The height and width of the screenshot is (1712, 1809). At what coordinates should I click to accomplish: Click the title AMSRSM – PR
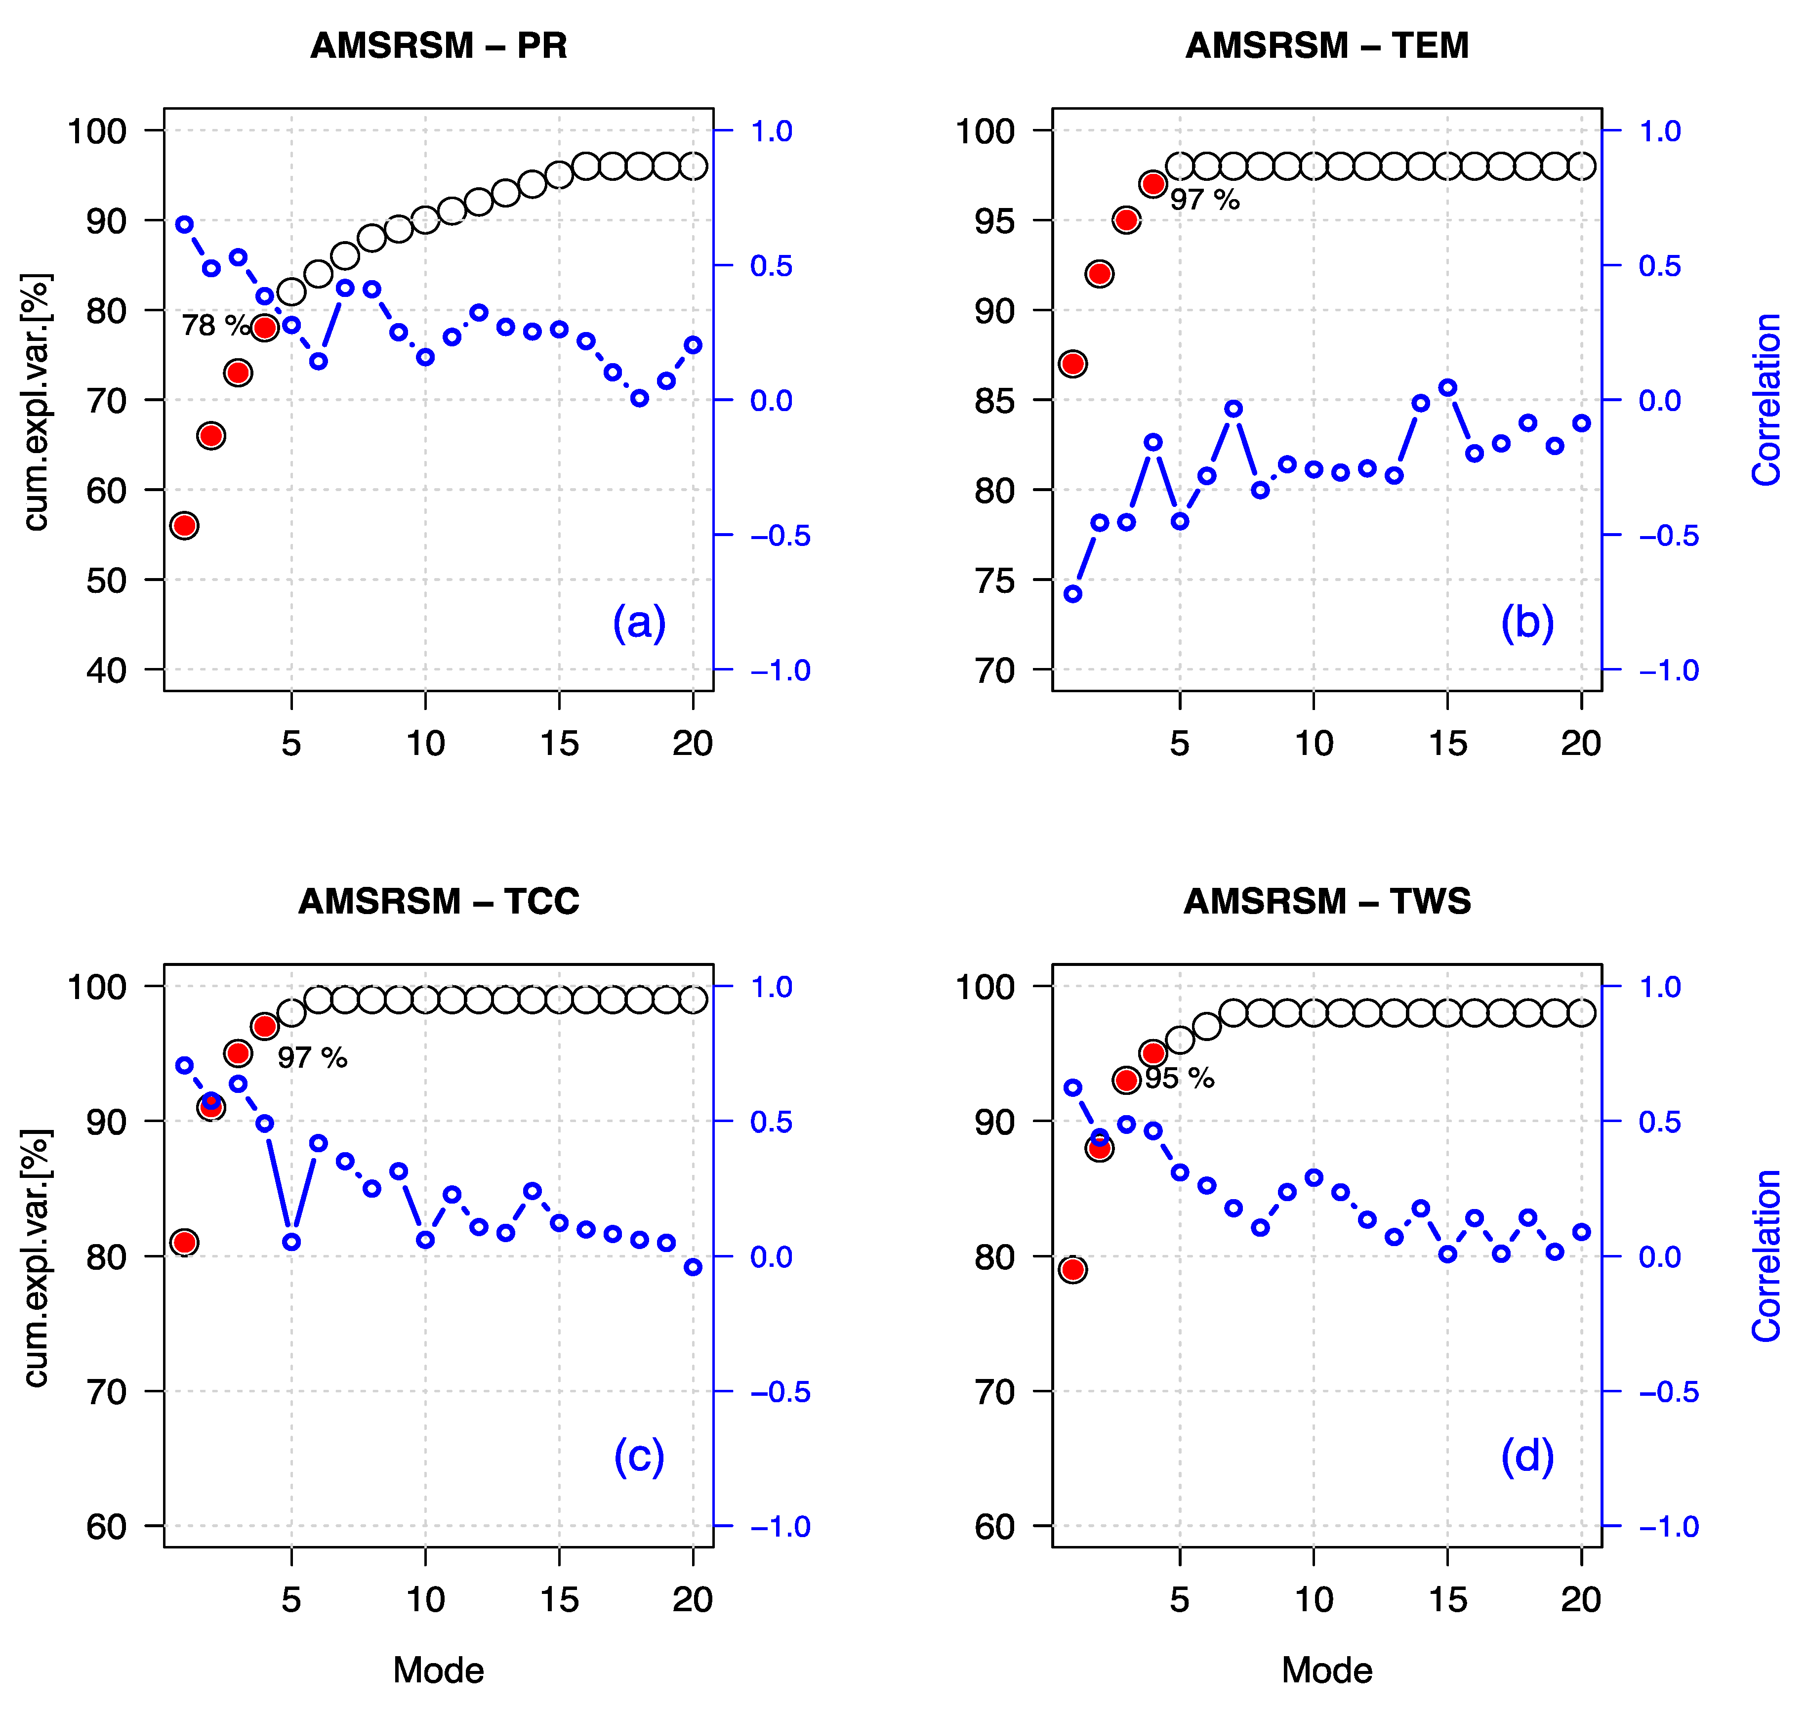click(439, 45)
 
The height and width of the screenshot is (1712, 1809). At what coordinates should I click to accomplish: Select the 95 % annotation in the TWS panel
click(1180, 1079)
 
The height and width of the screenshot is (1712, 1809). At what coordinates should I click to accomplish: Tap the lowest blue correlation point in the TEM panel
click(1073, 594)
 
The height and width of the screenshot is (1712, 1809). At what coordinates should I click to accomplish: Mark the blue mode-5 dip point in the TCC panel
click(291, 1242)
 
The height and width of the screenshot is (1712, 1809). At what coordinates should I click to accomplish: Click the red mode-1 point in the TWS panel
click(1073, 1269)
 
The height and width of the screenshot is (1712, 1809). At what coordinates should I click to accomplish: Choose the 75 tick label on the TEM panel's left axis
click(994, 581)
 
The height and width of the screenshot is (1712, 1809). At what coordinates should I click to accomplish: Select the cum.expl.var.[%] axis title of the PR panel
click(37, 402)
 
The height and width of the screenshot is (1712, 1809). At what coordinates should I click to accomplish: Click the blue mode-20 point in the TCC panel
click(693, 1268)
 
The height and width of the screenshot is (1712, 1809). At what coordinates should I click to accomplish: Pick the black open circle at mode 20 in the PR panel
click(693, 166)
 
